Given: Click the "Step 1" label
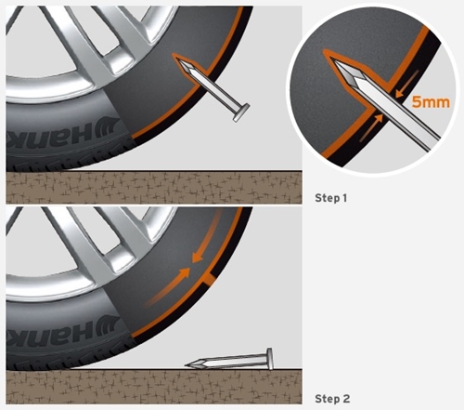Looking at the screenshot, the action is (330, 198).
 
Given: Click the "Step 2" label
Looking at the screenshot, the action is (332, 399).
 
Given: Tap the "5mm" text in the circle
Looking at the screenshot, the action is (431, 102).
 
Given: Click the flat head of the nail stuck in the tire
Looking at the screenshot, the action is (241, 112).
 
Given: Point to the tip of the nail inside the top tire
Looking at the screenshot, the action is (180, 61).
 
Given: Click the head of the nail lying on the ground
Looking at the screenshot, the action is (270, 359).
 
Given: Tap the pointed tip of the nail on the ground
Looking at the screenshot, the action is (187, 365).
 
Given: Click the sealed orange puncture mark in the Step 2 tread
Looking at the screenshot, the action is (208, 280).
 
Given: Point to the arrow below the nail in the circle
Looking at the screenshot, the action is (370, 127).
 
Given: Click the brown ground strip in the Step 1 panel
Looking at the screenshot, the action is (154, 188).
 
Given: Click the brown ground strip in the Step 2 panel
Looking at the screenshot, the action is (154, 387).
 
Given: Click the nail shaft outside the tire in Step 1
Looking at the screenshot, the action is (216, 92).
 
